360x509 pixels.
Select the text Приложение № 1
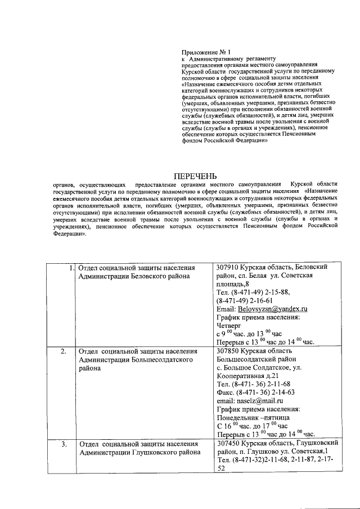(208, 51)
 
